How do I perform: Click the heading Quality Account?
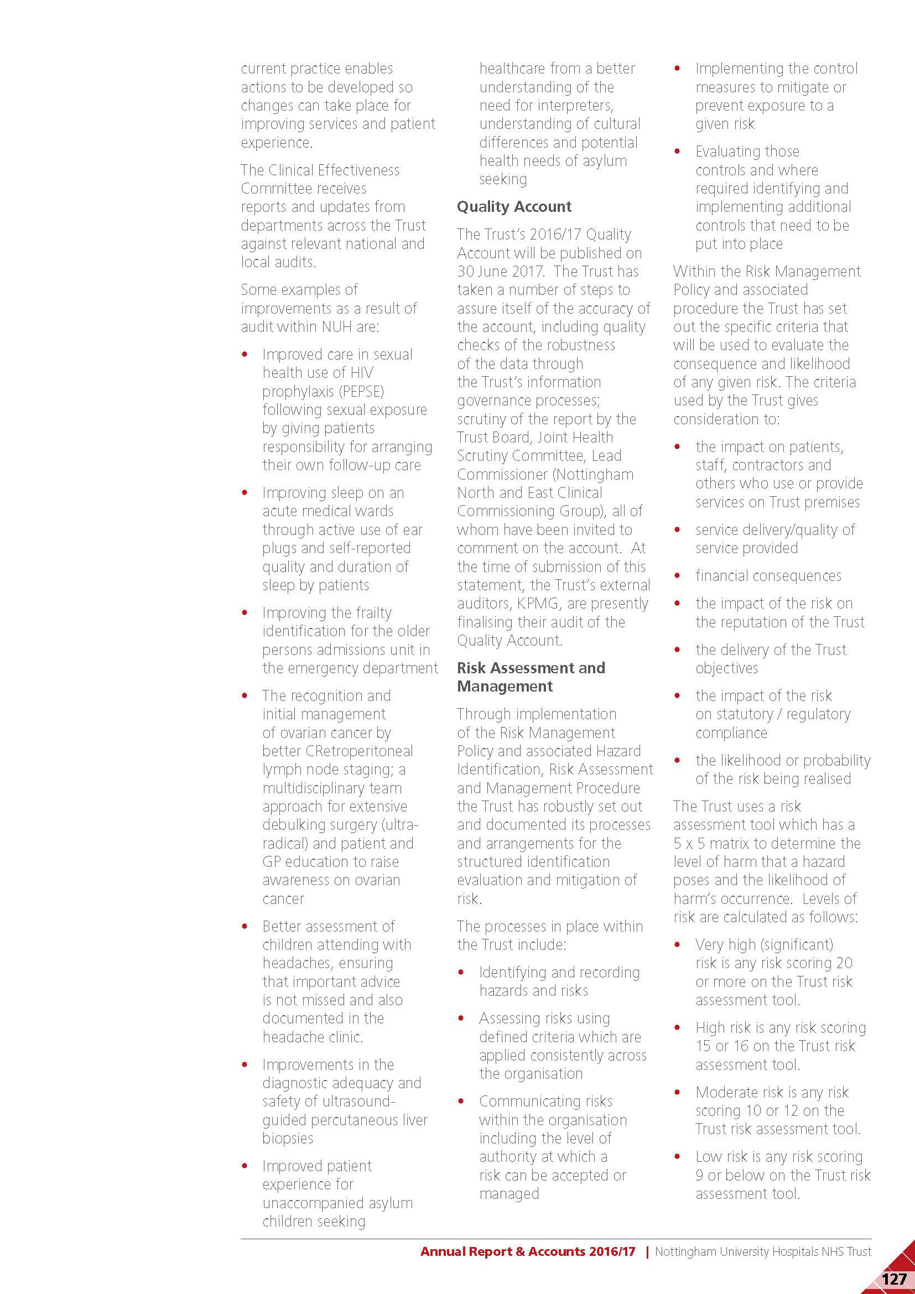pyautogui.click(x=514, y=207)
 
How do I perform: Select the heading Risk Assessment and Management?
pyautogui.click(x=531, y=677)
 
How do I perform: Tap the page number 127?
pyautogui.click(x=893, y=1278)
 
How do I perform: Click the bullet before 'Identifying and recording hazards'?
pyautogui.click(x=461, y=972)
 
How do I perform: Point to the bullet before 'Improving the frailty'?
pyautogui.click(x=245, y=612)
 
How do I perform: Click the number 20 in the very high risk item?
pyautogui.click(x=844, y=963)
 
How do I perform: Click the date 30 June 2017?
pyautogui.click(x=500, y=271)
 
